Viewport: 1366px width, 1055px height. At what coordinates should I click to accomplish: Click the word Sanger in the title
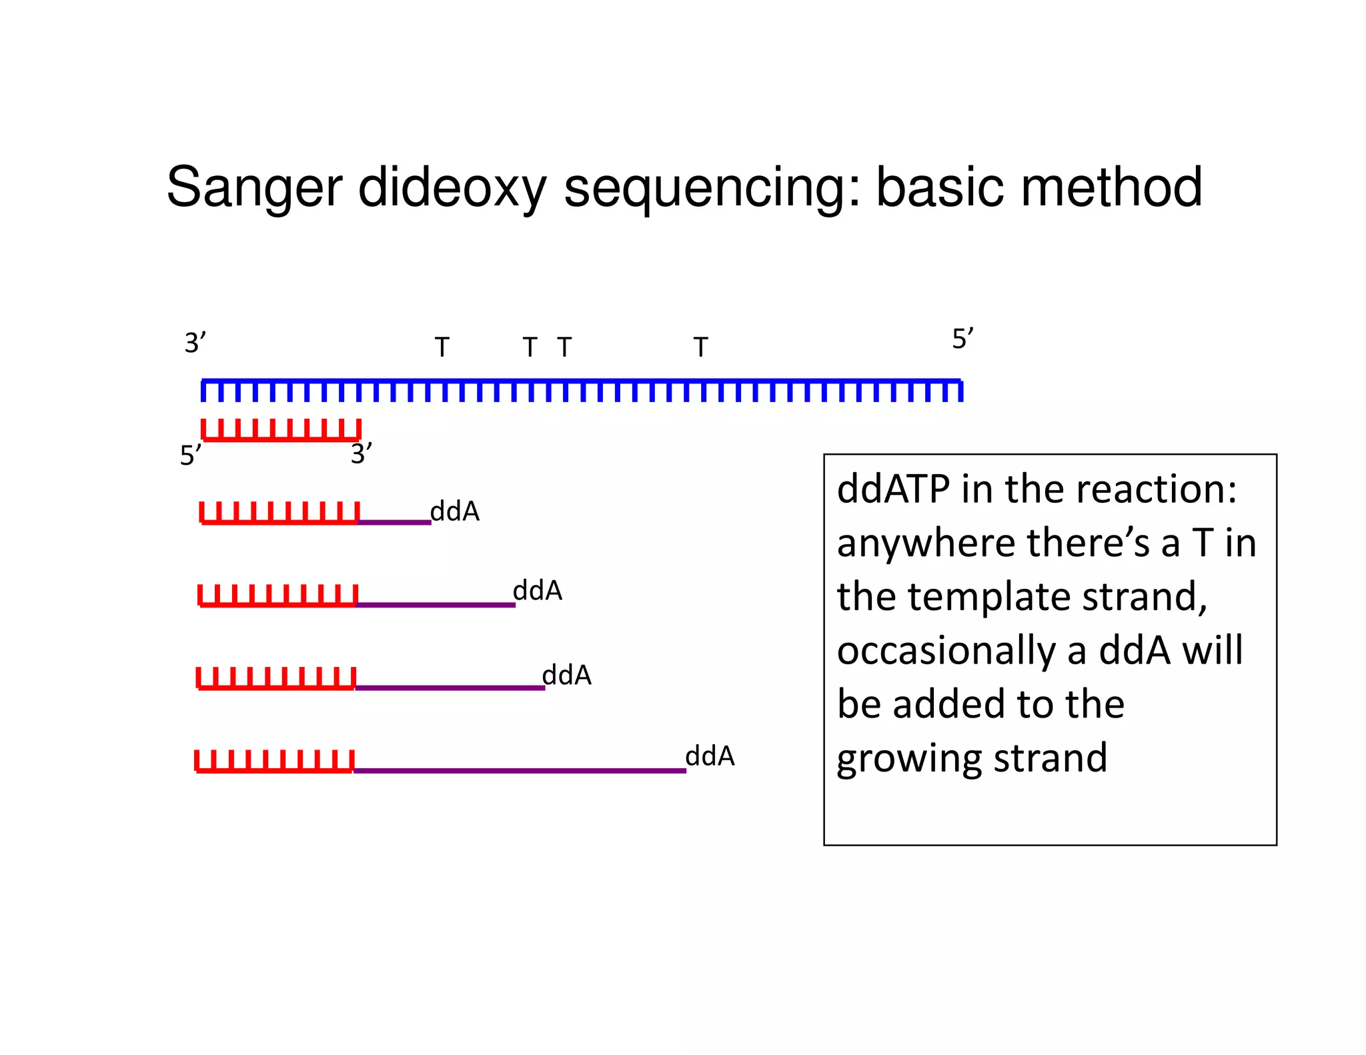coord(253,188)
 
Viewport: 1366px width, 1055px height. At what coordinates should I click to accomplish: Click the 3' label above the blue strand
coord(195,343)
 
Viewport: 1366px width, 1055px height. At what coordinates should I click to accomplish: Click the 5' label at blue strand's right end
coord(962,339)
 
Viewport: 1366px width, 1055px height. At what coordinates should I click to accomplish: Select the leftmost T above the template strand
coord(442,347)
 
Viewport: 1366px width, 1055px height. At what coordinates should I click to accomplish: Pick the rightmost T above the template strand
coord(700,347)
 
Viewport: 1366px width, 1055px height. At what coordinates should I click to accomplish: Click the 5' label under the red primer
coord(190,455)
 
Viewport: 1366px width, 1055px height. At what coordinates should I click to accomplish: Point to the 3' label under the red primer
coord(361,454)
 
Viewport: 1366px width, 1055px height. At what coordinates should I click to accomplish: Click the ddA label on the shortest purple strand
coord(455,511)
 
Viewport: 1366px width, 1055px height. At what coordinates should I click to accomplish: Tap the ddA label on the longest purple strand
coord(710,756)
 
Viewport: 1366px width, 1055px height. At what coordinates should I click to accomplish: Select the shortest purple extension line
coord(394,522)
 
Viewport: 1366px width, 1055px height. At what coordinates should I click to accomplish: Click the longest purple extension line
coord(520,770)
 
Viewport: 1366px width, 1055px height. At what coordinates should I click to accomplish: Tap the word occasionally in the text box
coord(946,651)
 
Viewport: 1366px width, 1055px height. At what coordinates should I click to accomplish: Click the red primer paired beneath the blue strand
coord(281,431)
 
